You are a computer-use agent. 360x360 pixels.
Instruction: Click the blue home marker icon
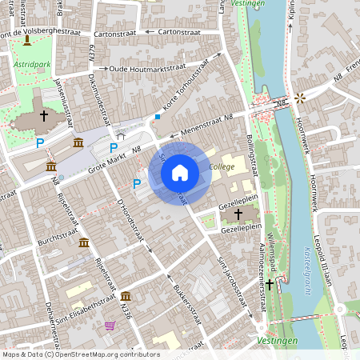[x=180, y=172]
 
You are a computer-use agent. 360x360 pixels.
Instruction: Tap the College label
[x=222, y=166]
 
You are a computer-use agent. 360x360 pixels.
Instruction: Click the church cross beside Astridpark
[x=43, y=117]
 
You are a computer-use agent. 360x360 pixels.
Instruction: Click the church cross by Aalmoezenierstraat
[x=270, y=283]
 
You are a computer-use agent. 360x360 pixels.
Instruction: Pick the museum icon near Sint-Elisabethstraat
[x=126, y=297]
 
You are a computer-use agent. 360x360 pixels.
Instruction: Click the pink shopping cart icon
[x=110, y=326]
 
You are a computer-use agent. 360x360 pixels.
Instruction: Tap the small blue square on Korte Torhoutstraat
[x=158, y=117]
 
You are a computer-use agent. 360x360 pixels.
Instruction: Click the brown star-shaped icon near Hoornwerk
[x=300, y=98]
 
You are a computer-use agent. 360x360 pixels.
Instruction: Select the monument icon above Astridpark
[x=28, y=40]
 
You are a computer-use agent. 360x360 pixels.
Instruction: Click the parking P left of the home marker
[x=137, y=183]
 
